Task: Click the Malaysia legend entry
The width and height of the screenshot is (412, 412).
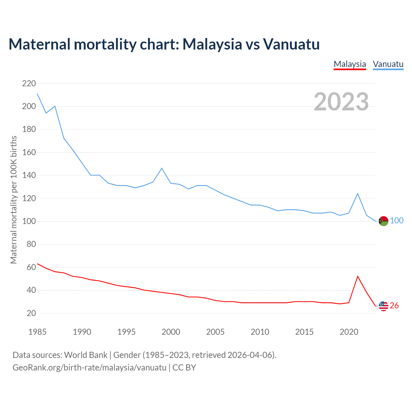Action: click(x=350, y=64)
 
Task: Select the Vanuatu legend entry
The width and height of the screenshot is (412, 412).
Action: click(x=388, y=64)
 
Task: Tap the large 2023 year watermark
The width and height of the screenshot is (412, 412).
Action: click(x=341, y=102)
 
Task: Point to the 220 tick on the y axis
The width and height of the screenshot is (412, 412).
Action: click(x=29, y=84)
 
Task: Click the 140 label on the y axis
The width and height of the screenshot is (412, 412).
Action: click(x=29, y=175)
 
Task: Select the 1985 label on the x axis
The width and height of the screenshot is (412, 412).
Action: click(x=37, y=332)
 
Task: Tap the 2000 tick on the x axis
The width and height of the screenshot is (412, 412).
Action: click(x=171, y=332)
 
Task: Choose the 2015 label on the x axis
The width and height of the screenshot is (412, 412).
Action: click(x=304, y=332)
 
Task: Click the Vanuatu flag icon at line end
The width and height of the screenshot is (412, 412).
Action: click(x=383, y=221)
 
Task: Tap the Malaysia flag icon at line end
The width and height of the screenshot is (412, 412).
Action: click(x=383, y=306)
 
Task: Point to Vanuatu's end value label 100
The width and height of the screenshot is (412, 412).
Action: click(x=397, y=221)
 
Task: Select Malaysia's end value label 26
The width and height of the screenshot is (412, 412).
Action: click(x=394, y=306)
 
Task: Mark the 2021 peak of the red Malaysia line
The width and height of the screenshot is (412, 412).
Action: click(x=358, y=276)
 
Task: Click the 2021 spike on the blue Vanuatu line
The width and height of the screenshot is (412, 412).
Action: click(x=358, y=193)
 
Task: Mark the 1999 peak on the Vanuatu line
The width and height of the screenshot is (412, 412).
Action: click(x=162, y=168)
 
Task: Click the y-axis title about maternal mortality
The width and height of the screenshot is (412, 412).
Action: click(x=14, y=200)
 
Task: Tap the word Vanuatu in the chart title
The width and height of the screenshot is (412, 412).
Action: click(x=291, y=44)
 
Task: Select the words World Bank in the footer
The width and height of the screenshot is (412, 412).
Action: click(x=86, y=355)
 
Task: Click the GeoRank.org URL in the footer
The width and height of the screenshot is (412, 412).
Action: click(x=89, y=368)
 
